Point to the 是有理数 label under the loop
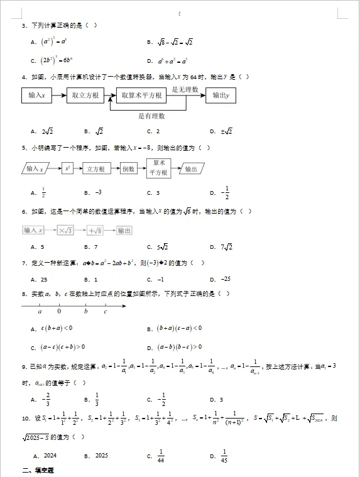coord(151,116)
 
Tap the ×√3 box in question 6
coord(66,231)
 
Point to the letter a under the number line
coord(40,311)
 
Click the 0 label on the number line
coord(59,311)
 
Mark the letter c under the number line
coord(105,311)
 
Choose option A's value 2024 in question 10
coord(50,456)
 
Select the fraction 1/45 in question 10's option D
coord(224,456)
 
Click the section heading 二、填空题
coord(38,471)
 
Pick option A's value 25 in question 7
coord(45,279)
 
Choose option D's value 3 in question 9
coord(221,399)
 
